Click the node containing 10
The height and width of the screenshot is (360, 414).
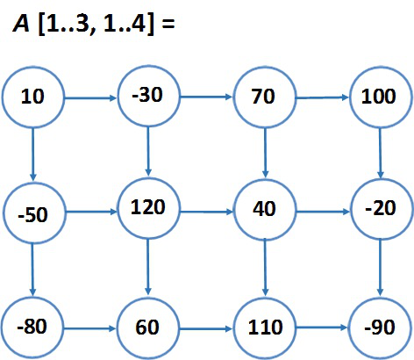click(32, 97)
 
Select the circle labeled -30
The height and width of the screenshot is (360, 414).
click(148, 96)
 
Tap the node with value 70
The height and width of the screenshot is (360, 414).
click(264, 97)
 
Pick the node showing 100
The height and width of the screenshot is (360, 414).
click(380, 97)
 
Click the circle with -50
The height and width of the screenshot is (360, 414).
click(33, 212)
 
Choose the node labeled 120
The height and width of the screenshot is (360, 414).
click(148, 208)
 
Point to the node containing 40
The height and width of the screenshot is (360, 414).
click(265, 210)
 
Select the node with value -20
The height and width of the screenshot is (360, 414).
click(381, 209)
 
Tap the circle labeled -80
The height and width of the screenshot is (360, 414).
click(32, 328)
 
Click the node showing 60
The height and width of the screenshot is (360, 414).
click(148, 328)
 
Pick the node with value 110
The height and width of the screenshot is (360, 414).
click(265, 328)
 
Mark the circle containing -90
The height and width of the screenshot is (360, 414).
click(380, 328)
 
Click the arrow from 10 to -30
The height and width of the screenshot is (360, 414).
click(90, 98)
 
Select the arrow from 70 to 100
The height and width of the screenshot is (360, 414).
click(322, 97)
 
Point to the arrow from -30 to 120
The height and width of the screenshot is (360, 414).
click(148, 151)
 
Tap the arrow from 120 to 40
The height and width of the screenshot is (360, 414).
click(206, 212)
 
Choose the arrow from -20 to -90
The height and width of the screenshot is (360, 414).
click(380, 268)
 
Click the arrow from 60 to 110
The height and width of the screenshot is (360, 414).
click(206, 329)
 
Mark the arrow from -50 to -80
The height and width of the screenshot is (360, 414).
click(32, 270)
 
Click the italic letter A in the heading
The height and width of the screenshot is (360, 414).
click(21, 24)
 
